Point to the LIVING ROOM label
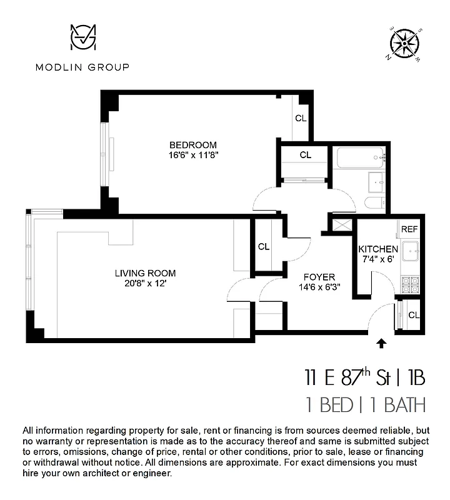(x=145, y=273)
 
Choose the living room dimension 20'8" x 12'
(x=145, y=284)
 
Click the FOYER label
(x=319, y=277)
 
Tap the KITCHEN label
(x=377, y=249)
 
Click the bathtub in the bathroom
(x=361, y=157)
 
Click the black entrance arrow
(x=382, y=342)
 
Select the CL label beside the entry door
(x=413, y=314)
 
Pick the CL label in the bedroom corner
(x=301, y=118)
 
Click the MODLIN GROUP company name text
(x=82, y=67)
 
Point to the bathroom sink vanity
(x=377, y=180)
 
